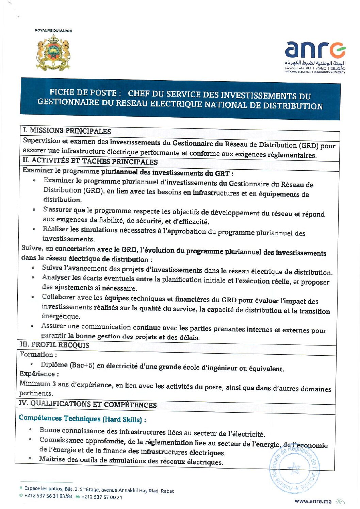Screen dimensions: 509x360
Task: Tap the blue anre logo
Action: pos(315,50)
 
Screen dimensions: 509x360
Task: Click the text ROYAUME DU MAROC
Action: pos(53,31)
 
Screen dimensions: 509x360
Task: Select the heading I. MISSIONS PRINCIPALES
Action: pos(67,131)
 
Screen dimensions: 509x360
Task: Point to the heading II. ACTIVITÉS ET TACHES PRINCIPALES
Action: pos(90,161)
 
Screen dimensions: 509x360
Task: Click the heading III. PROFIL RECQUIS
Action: pos(54,345)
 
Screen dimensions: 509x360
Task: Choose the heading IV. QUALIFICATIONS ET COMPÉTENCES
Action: pos(87,404)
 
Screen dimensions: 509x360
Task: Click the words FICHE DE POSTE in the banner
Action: pos(83,92)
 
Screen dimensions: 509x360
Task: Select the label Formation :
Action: pos(36,354)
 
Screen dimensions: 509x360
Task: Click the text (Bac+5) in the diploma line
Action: pos(82,365)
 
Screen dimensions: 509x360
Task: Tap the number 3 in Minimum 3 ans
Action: pos(54,384)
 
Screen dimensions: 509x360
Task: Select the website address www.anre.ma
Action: pos(313,501)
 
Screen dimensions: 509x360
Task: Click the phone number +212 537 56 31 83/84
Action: pos(48,496)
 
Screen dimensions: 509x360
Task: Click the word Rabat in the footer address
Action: pos(167,491)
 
